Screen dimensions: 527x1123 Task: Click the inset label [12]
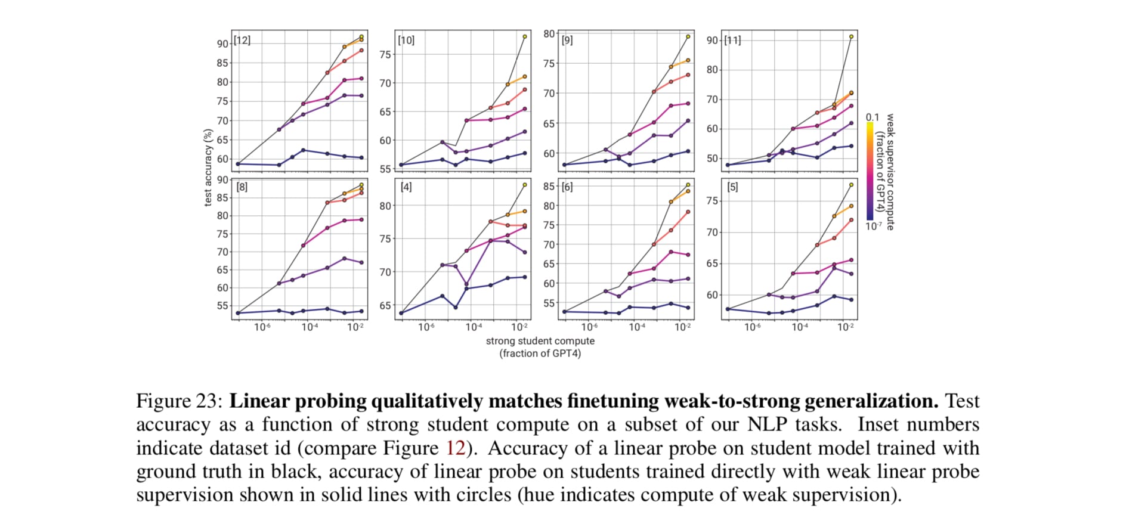pyautogui.click(x=242, y=41)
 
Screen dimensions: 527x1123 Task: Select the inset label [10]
pyautogui.click(x=406, y=41)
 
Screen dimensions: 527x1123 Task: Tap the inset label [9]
pyautogui.click(x=567, y=41)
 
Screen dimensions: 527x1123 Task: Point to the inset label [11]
pyautogui.click(x=732, y=41)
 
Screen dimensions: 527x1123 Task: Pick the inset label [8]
pyautogui.click(x=242, y=187)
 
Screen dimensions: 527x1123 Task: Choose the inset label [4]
pyautogui.click(x=406, y=187)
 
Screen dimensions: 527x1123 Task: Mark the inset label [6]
pyautogui.click(x=567, y=187)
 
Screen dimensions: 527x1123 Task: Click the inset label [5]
pyautogui.click(x=732, y=187)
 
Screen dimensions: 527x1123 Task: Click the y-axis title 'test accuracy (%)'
pyautogui.click(x=208, y=168)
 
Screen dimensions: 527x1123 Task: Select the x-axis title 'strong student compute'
pyautogui.click(x=540, y=341)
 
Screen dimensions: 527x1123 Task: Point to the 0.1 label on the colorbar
pyautogui.click(x=872, y=117)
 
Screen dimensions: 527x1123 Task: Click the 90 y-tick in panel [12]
pyautogui.click(x=222, y=44)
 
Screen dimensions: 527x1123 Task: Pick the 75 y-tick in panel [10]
pyautogui.click(x=385, y=55)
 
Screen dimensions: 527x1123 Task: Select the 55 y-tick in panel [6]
pyautogui.click(x=549, y=303)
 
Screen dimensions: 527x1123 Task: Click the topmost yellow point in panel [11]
pyautogui.click(x=851, y=37)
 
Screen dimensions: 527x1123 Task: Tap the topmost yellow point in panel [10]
pyautogui.click(x=525, y=37)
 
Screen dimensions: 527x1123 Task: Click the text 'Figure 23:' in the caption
pyautogui.click(x=179, y=401)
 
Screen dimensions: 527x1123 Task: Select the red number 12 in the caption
pyautogui.click(x=456, y=448)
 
